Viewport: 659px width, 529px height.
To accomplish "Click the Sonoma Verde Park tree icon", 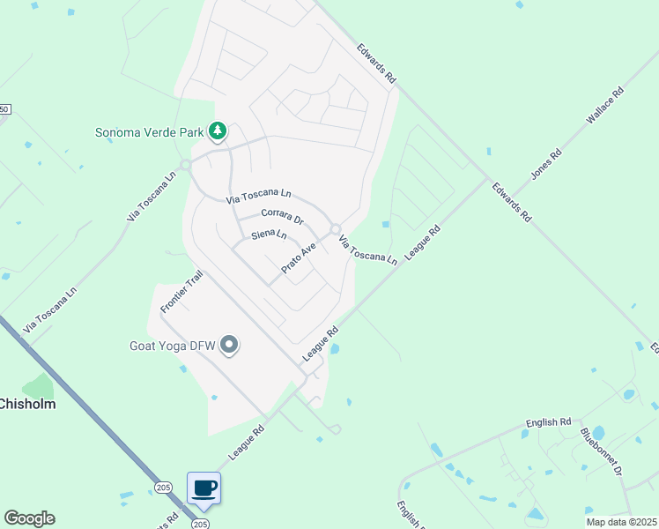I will [217, 132].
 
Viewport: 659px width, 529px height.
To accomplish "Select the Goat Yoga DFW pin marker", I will [229, 344].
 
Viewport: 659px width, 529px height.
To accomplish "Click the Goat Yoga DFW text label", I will [166, 345].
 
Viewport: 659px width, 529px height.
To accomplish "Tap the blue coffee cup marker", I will [204, 488].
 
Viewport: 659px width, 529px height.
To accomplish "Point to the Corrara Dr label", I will [282, 215].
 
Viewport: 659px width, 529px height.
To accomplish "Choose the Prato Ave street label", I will [298, 257].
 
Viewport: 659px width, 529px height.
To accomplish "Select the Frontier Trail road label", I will [182, 292].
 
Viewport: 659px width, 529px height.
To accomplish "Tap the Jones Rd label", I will [546, 164].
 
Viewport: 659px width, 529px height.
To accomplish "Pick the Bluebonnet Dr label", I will [601, 452].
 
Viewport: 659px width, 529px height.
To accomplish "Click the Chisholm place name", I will [26, 405].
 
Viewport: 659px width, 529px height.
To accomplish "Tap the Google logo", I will [29, 518].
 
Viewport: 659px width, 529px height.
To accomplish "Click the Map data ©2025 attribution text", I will [620, 522].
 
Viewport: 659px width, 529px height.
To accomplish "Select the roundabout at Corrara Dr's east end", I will [336, 230].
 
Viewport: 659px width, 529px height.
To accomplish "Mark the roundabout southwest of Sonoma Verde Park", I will [186, 165].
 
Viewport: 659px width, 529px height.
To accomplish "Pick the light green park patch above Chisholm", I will [37, 386].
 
